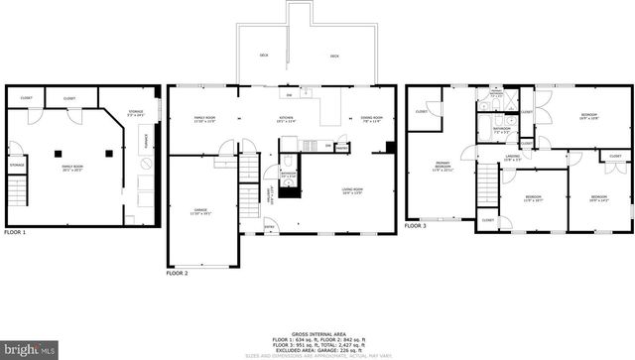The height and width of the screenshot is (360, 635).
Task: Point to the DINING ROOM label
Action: point(371,121)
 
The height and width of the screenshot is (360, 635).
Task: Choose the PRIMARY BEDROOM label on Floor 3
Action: point(442,167)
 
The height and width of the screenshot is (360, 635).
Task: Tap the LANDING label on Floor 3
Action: point(512,157)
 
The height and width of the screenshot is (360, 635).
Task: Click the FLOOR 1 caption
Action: point(15,232)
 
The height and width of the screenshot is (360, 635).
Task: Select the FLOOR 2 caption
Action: point(177,271)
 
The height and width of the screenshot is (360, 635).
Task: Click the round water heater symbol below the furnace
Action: point(145,183)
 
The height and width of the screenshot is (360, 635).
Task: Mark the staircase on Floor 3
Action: point(486,183)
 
